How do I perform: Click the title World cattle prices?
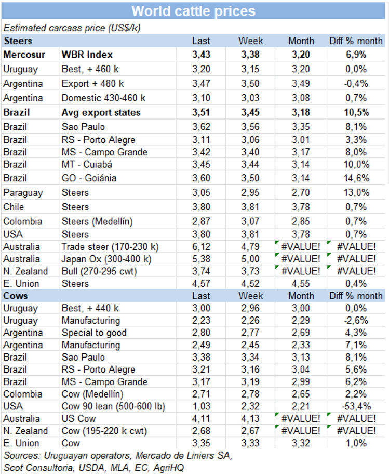193,11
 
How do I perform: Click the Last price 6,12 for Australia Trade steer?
201,246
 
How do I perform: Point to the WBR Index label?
87,54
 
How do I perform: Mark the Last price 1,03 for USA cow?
201,406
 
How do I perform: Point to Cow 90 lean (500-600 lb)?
112,406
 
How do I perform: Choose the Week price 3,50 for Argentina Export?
251,83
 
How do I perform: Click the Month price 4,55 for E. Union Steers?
301,283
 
